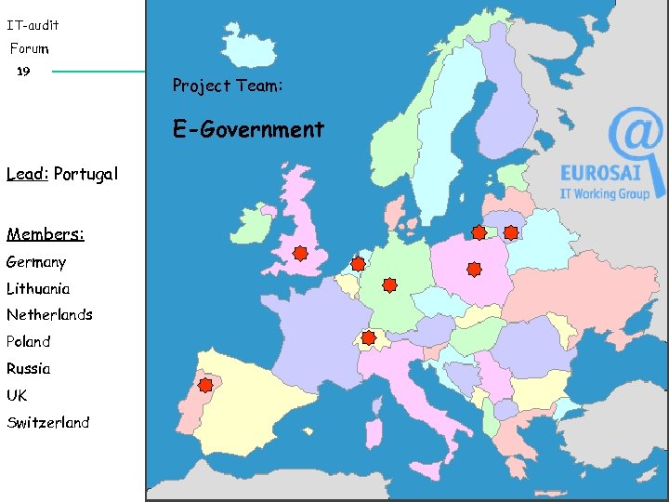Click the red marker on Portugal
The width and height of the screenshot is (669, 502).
[x=204, y=384]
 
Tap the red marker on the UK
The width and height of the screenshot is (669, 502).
[x=300, y=253]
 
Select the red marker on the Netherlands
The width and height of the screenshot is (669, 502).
[x=358, y=264]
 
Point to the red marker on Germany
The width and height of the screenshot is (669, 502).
[x=389, y=284]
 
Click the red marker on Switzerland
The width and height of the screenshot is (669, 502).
[x=368, y=337]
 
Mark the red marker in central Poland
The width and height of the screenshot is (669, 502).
[x=474, y=270]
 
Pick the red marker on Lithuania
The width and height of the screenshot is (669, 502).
[x=511, y=233]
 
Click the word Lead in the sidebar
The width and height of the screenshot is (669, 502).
[x=26, y=174]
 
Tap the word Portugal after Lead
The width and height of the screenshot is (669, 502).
[x=86, y=174]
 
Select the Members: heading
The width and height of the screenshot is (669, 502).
[x=46, y=234]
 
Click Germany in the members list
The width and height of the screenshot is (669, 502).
[x=36, y=262]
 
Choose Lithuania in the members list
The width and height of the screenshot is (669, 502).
[x=38, y=288]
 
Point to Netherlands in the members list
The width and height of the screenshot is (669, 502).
[x=49, y=314]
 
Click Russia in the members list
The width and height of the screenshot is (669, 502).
[x=29, y=368]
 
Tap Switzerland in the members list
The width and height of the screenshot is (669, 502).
[x=48, y=422]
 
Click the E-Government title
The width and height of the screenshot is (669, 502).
[x=248, y=129]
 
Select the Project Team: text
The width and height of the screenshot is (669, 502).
[x=228, y=86]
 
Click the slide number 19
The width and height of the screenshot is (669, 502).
[x=24, y=71]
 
